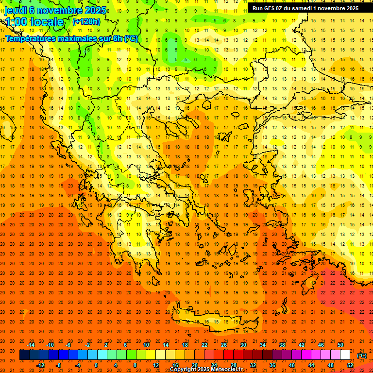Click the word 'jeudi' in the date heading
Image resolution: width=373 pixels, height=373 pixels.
pos(16,10)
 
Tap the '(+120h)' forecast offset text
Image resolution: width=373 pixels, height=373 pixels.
pos(86,21)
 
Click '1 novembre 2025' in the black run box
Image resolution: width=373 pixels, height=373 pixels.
pos(336,8)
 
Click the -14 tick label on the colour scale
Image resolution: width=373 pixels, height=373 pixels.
pos(31,345)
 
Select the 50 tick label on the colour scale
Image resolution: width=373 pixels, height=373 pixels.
pos(340,345)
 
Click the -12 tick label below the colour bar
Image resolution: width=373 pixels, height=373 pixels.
pos(41,365)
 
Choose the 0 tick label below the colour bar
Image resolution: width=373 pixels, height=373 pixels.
pos(96,365)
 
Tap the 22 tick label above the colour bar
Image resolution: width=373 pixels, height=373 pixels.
pos(204,345)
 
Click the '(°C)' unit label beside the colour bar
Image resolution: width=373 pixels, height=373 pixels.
pos(362,356)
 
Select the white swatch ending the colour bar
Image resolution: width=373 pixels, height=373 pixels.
pos(345,355)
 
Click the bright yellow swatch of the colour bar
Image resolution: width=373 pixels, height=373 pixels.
pos(151,355)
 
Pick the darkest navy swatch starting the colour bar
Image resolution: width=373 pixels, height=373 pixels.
pos(24,355)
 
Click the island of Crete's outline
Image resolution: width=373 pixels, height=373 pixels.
pos(214,321)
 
